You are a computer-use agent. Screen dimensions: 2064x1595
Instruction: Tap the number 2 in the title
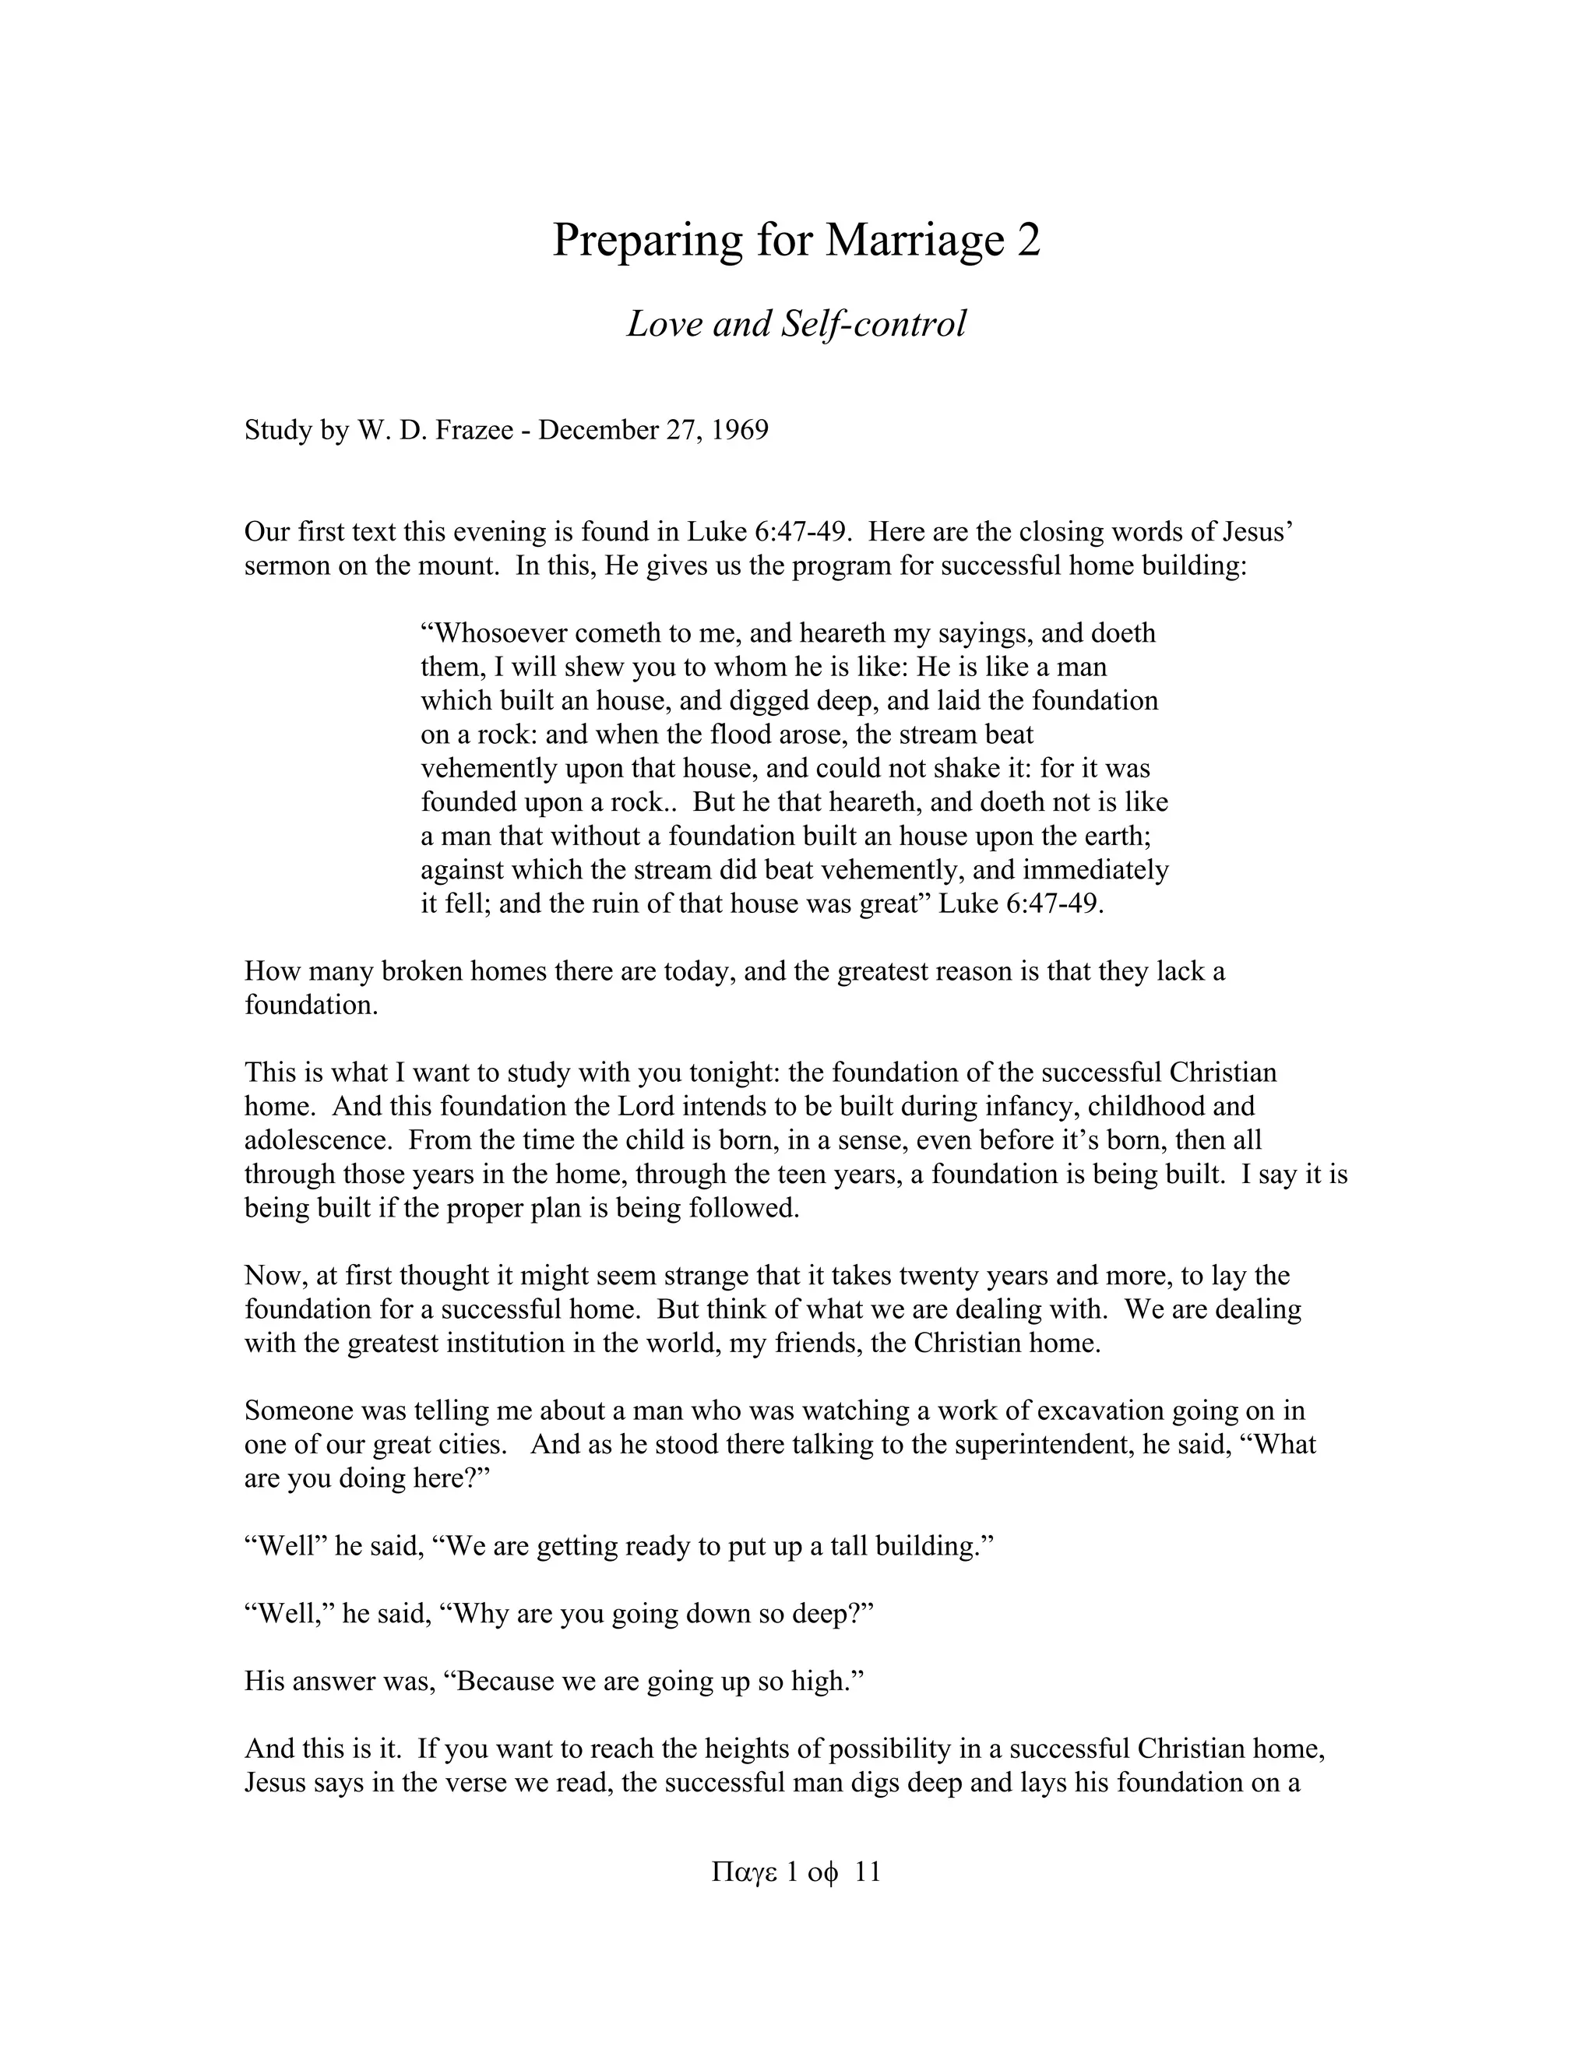point(1029,240)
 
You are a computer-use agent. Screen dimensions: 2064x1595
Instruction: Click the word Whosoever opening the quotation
point(492,633)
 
